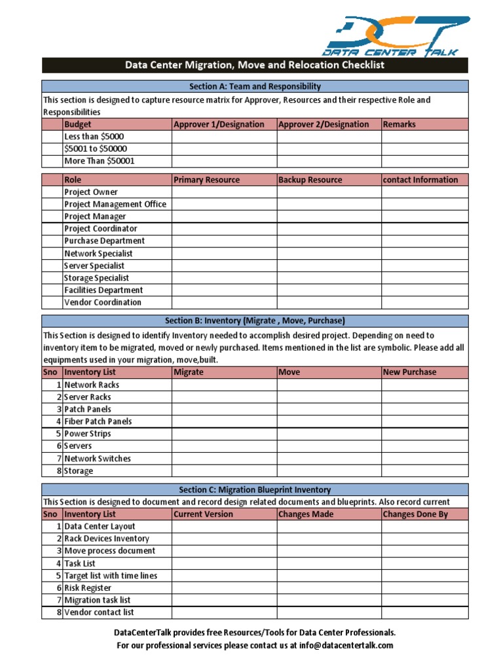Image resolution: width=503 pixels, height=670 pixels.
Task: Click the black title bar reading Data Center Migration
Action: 255,65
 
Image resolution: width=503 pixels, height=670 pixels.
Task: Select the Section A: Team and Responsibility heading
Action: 255,86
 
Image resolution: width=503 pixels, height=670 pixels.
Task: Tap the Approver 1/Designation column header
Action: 219,124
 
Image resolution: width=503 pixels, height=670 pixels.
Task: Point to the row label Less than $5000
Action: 94,137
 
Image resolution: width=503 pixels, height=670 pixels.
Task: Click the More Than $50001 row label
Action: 100,161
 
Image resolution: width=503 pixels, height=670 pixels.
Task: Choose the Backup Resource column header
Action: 310,180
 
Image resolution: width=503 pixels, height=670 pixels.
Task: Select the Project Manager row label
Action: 95,217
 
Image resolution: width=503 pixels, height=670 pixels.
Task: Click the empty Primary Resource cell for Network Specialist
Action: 224,253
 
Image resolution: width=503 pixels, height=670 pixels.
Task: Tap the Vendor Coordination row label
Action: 102,302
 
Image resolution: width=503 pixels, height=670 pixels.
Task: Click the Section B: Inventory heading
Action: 255,321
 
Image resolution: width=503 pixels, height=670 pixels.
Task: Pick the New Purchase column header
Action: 409,372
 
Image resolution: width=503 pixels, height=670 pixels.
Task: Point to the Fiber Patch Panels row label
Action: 98,421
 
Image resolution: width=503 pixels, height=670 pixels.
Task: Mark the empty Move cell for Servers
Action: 329,446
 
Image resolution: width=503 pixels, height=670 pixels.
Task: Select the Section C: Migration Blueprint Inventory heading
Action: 255,489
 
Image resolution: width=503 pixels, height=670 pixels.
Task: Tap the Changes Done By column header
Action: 415,514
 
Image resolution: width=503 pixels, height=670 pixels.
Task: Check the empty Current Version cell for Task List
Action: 224,563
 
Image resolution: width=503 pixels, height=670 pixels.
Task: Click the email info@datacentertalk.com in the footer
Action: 347,645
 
